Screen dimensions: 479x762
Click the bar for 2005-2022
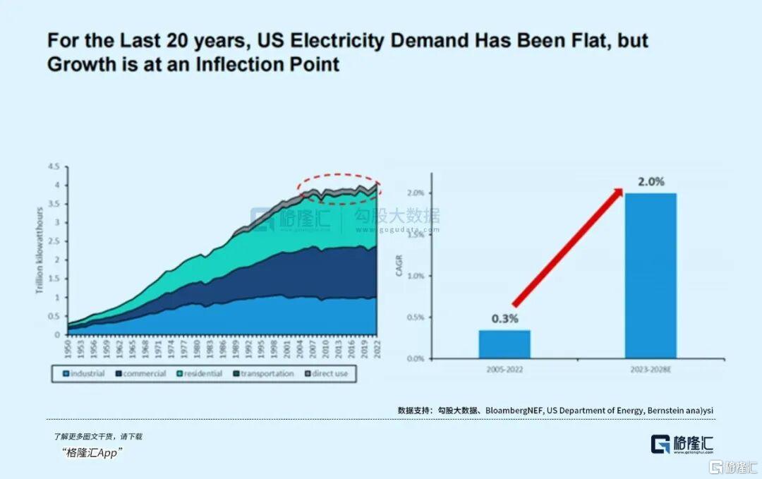tap(504, 344)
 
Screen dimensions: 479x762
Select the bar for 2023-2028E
tap(650, 275)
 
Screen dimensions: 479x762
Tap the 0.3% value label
tap(504, 319)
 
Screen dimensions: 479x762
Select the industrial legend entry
tap(84, 373)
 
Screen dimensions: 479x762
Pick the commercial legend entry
tap(140, 373)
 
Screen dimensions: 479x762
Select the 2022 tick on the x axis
tap(377, 347)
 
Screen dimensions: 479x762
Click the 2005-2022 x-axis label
tap(504, 369)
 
